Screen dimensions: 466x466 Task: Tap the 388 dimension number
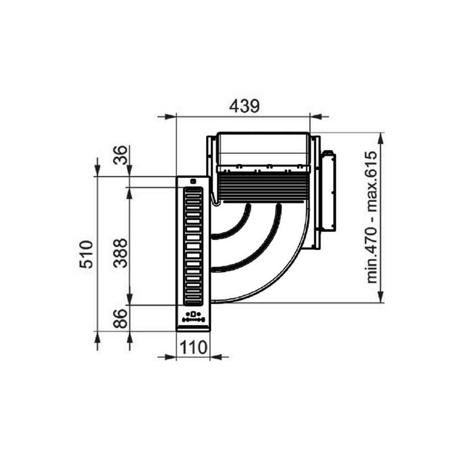coord(120,253)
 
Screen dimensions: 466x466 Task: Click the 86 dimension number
coord(120,318)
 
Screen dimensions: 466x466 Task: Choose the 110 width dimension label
coord(193,347)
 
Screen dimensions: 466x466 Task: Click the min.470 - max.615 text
coord(371,217)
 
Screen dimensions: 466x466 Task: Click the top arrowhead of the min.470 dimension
coord(381,139)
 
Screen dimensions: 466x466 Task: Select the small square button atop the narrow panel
coord(193,182)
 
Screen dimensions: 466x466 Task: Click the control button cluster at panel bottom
coord(193,317)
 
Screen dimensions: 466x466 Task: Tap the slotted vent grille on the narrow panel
coord(193,246)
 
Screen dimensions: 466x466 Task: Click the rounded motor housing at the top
coord(263,149)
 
